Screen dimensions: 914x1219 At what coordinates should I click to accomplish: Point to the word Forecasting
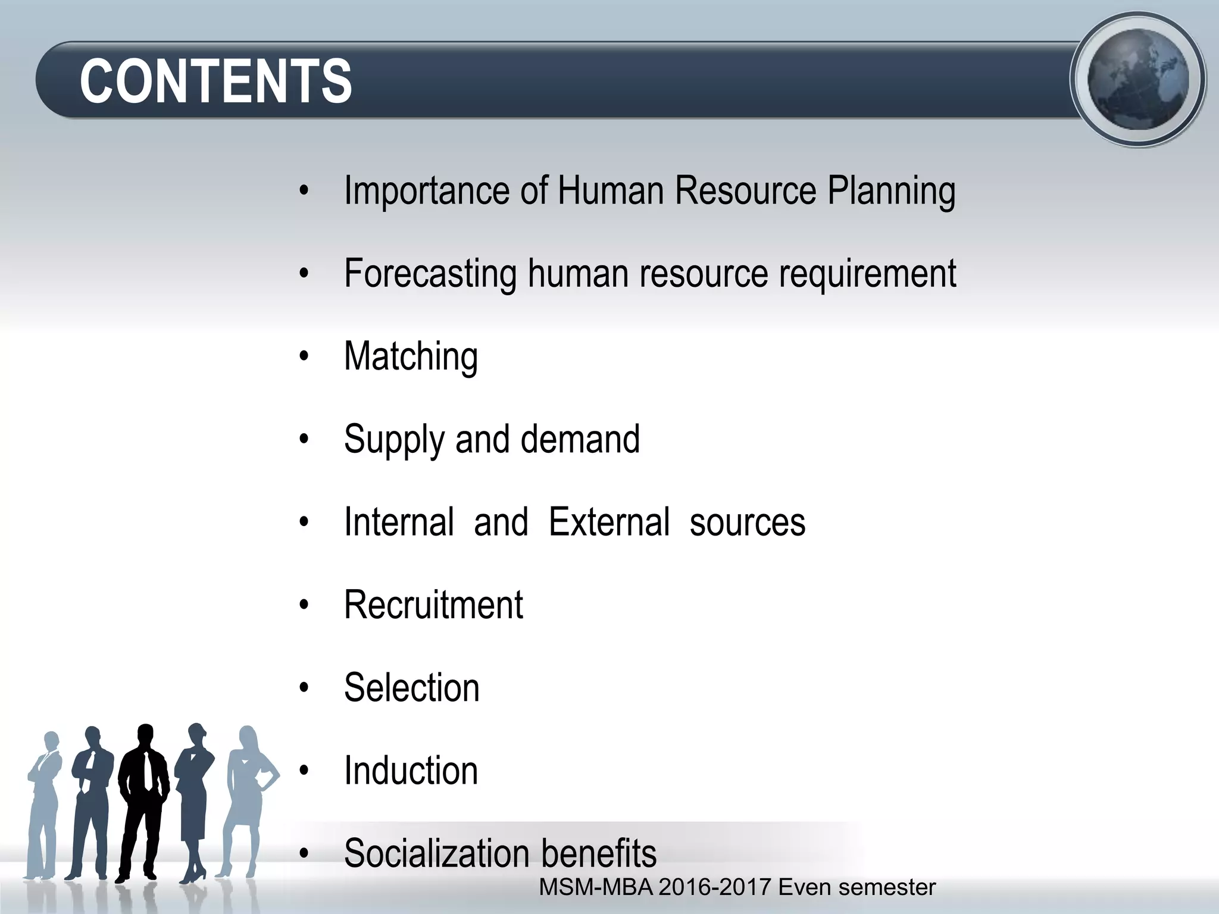(430, 274)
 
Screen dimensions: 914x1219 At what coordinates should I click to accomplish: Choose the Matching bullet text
(411, 357)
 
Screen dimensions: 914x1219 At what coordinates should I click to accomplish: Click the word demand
(580, 439)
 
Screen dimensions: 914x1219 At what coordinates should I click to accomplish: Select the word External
(609, 522)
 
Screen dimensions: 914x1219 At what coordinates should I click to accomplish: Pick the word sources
(747, 522)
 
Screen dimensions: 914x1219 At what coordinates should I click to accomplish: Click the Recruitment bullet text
(433, 605)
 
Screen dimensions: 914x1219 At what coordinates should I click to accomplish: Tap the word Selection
(411, 687)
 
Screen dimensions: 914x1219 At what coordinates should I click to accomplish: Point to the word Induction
(411, 771)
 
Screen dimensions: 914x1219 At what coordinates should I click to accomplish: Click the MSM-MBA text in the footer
(595, 887)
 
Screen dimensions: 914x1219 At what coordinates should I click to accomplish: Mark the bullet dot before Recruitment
(305, 605)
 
